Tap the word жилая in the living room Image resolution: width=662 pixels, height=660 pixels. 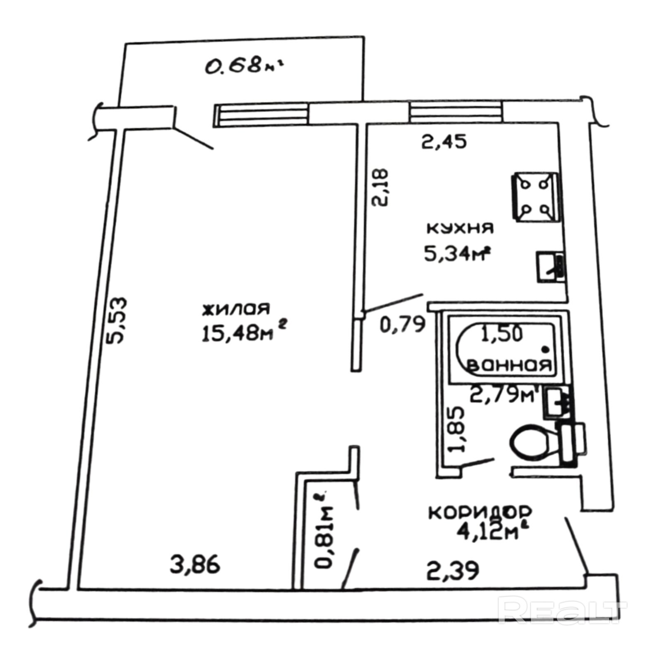pyautogui.click(x=236, y=309)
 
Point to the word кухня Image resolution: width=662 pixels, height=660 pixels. pyautogui.click(x=460, y=228)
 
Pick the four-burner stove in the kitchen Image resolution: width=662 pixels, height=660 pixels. pyautogui.click(x=536, y=197)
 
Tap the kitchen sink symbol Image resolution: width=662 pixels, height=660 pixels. pyautogui.click(x=551, y=267)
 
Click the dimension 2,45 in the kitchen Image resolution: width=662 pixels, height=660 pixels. pyautogui.click(x=444, y=142)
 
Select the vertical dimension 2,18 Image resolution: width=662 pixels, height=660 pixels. pyautogui.click(x=380, y=187)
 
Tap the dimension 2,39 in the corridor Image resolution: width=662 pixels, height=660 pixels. pyautogui.click(x=453, y=570)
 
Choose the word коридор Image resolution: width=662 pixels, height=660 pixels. pyautogui.click(x=480, y=513)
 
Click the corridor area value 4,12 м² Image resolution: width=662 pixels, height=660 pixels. pyautogui.click(x=489, y=532)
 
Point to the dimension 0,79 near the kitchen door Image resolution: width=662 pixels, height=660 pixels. pyautogui.click(x=403, y=324)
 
